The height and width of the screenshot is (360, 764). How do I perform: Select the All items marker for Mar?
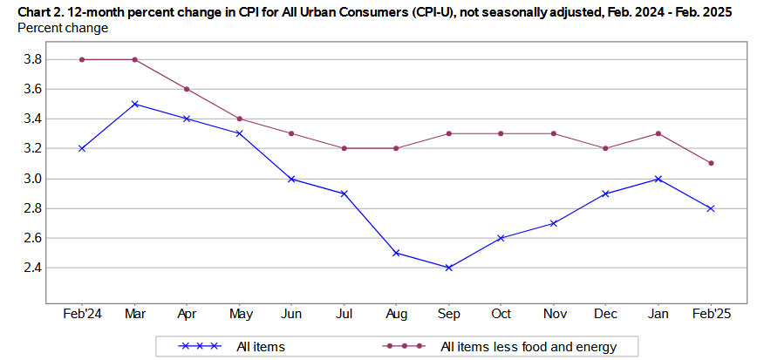click(133, 104)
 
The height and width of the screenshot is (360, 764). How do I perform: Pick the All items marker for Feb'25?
click(712, 208)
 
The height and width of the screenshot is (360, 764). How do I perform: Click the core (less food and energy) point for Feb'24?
click(81, 59)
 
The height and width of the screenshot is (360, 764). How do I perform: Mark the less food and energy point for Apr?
click(187, 89)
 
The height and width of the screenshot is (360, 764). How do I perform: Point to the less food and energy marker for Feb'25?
click(712, 163)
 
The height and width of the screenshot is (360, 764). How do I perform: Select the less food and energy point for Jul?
click(344, 148)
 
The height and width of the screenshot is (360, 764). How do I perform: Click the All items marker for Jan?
click(658, 179)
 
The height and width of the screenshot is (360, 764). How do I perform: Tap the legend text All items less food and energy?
click(528, 346)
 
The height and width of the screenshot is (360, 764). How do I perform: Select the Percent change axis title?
click(63, 28)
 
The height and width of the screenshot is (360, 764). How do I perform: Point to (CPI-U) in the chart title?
click(404, 10)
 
